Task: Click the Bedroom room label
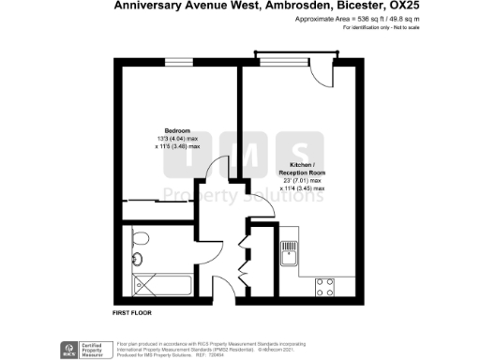(178, 129)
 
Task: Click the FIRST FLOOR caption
(132, 310)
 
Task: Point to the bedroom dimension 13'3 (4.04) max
(178, 139)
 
